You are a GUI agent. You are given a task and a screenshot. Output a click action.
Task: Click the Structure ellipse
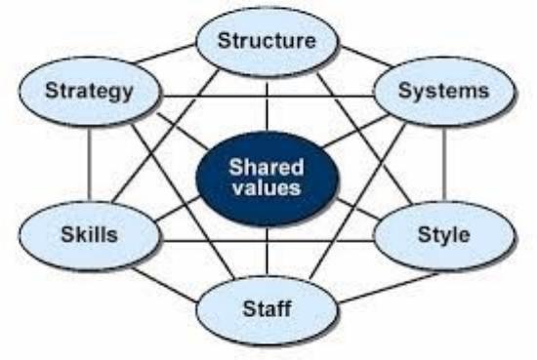coord(268,41)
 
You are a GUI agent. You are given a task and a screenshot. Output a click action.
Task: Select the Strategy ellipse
coord(89,91)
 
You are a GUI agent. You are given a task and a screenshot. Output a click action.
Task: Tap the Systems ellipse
coord(444,91)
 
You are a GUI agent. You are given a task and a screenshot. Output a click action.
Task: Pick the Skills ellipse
coord(89,235)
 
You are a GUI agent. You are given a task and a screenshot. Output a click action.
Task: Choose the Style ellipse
coord(444,235)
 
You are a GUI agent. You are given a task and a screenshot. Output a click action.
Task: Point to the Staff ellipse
coord(268,309)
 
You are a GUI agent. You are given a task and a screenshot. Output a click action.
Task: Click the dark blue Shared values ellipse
coord(268,178)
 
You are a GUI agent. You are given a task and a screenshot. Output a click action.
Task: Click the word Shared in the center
coord(267,168)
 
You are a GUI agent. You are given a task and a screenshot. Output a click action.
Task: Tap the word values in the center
coord(267,187)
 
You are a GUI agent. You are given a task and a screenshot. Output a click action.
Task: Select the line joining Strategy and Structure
coord(164,54)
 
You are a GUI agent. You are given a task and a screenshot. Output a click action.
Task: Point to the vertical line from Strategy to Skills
coord(89,164)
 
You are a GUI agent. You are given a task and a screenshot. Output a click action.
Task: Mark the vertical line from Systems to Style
coord(444,164)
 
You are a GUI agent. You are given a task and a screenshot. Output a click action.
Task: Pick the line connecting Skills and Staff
coord(165,285)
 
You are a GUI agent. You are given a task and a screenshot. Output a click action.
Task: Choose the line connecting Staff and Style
coord(389,288)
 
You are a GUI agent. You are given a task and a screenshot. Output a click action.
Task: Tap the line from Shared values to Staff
coord(268,250)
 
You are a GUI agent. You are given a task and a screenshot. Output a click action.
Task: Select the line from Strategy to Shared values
coord(183,131)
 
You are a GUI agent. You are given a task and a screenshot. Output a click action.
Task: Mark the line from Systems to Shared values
coord(355,131)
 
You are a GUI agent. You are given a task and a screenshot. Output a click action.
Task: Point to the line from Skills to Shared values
coord(178,208)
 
